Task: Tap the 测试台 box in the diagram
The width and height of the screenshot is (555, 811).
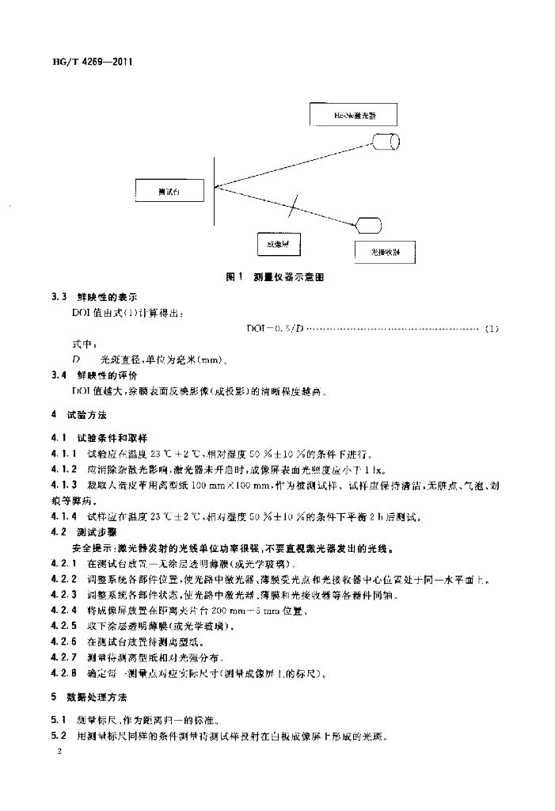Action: click(169, 191)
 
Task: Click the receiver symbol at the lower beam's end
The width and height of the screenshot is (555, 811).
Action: click(367, 224)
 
